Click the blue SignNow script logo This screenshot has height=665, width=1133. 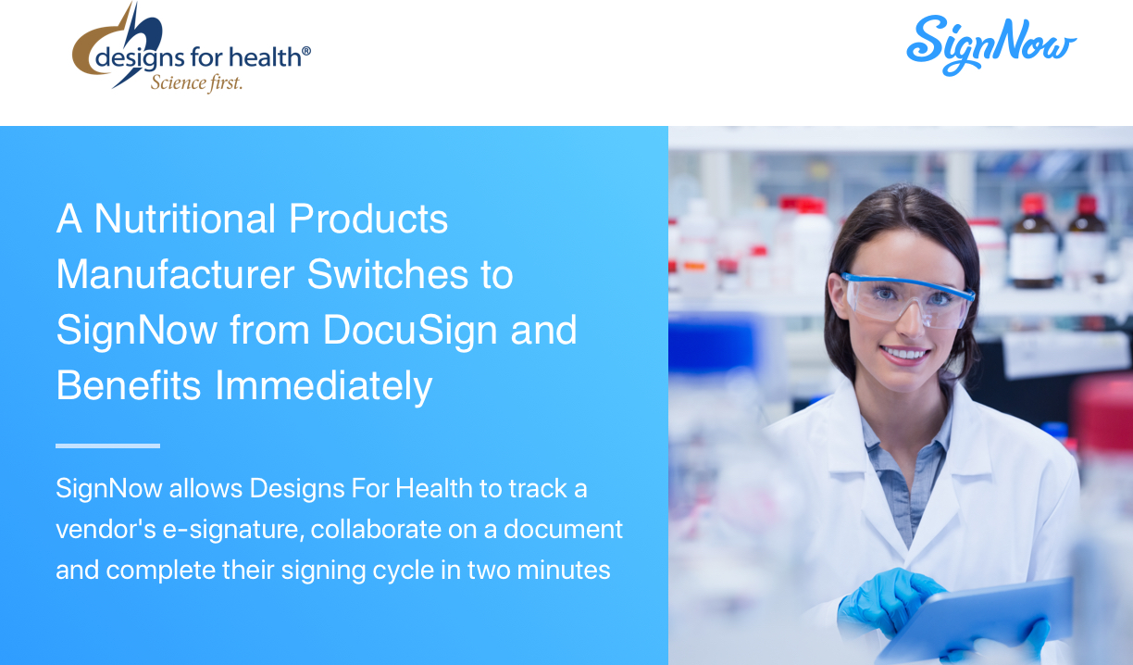[991, 45]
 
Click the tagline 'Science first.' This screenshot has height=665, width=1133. [197, 83]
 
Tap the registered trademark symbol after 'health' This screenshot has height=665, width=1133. [306, 51]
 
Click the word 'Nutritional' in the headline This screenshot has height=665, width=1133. [185, 219]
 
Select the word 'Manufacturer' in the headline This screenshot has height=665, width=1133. [176, 274]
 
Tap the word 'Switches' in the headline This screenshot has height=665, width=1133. [388, 274]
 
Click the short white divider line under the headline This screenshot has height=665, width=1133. [107, 445]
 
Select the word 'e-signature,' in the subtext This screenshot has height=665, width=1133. [233, 531]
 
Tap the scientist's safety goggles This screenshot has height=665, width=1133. [908, 297]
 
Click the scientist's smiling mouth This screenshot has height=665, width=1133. [905, 353]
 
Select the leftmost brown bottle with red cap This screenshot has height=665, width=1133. [1033, 242]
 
